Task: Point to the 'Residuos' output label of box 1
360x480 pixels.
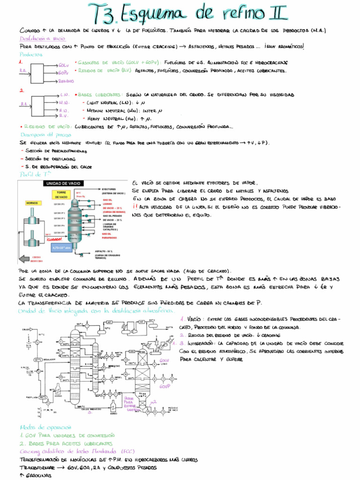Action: point(66,81)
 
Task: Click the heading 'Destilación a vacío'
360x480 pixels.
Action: point(43,39)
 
